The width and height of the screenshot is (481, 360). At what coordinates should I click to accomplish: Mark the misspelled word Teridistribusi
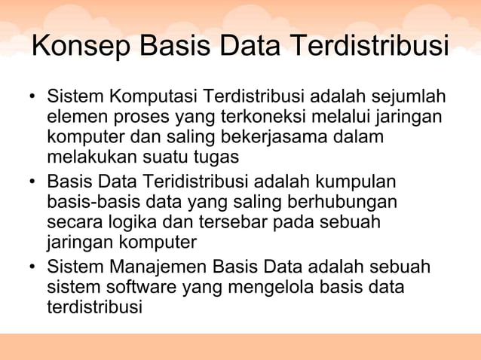point(194,184)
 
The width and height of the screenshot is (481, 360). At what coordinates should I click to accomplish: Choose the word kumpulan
point(357,184)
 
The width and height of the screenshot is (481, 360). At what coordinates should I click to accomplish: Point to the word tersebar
point(228,223)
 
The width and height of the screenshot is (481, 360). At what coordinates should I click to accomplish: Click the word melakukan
point(84,157)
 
